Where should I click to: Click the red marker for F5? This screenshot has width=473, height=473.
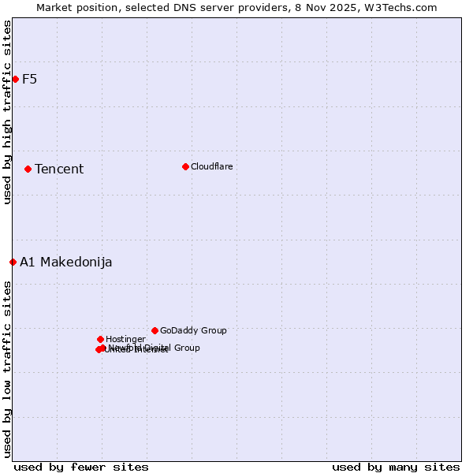(x=15, y=79)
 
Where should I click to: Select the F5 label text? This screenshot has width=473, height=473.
(x=29, y=79)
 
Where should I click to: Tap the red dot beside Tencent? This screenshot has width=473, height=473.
(x=28, y=169)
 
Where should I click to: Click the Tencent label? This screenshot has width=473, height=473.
(x=59, y=169)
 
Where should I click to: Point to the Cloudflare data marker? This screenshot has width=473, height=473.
(x=185, y=166)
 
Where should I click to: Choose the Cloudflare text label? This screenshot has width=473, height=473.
(x=211, y=166)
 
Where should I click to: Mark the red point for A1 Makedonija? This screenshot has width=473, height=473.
(x=13, y=262)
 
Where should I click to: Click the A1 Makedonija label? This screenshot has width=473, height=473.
(x=65, y=262)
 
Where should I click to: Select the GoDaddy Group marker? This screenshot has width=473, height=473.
(x=155, y=330)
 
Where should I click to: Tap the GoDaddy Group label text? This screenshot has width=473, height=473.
(x=193, y=331)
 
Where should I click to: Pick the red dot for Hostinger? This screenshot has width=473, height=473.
(x=100, y=339)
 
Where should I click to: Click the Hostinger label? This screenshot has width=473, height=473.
(x=125, y=340)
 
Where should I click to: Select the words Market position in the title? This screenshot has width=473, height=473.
(x=76, y=7)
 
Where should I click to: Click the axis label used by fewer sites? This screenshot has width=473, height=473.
(x=81, y=467)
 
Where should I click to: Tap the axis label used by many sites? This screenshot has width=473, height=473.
(x=396, y=467)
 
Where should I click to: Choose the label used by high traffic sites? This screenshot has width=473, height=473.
(x=7, y=112)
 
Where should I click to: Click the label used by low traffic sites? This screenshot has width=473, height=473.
(x=7, y=369)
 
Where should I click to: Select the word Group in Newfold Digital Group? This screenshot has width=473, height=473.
(x=186, y=348)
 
